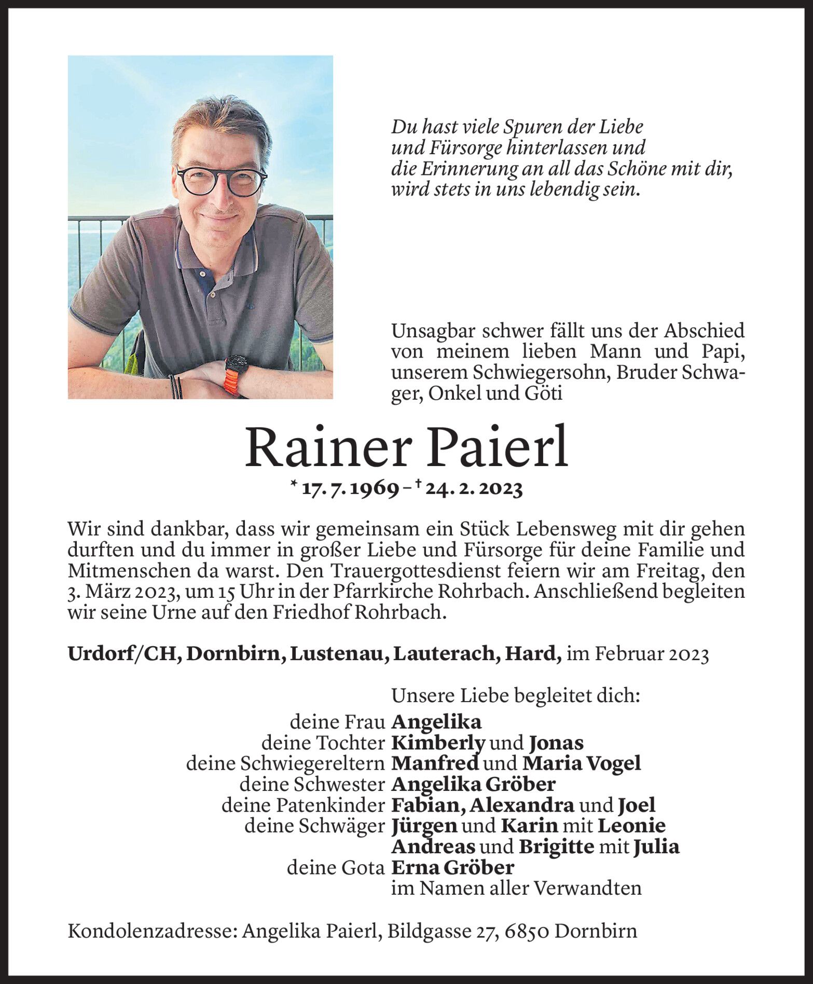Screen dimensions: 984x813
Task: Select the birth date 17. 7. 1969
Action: coord(350,489)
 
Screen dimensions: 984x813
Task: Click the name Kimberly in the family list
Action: coord(438,743)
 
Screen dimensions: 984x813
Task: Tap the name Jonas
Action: coord(556,743)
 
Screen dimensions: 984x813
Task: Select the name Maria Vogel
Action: coord(582,763)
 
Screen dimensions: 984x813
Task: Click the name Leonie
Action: coord(631,826)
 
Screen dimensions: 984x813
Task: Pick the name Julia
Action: coord(656,846)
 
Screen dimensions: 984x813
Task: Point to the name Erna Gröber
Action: coord(453,867)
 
